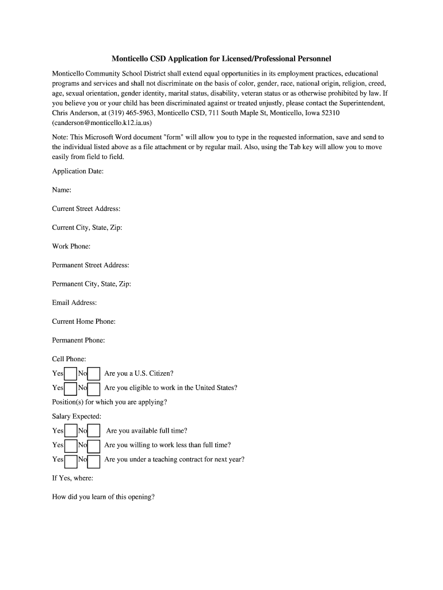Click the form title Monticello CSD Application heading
point(221,59)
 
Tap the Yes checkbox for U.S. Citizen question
point(71,374)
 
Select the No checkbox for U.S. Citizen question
point(94,374)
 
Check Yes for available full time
point(71,431)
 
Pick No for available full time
point(94,431)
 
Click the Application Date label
point(78,171)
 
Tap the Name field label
point(62,190)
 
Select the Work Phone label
point(71,246)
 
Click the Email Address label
point(74,302)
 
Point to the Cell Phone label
point(69,359)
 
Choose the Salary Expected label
point(77,416)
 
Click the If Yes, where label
point(72,478)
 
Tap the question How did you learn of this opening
point(104,497)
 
